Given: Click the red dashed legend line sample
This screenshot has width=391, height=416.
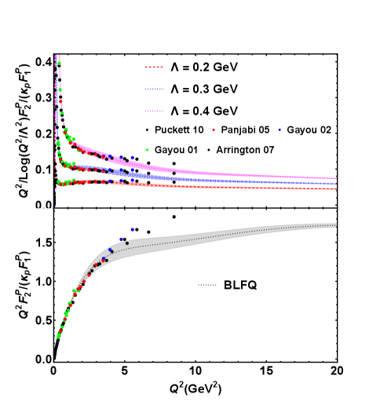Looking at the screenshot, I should coord(154,67).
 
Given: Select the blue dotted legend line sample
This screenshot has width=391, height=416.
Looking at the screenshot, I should coord(154,89).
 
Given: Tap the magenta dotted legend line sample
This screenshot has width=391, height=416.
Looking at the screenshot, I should coord(154,111).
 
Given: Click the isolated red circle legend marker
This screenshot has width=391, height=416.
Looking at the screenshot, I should coord(213,130).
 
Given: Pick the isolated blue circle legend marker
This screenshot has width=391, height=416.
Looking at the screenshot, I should coord(279,130).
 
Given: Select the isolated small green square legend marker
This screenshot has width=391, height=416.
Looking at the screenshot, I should coord(147,149).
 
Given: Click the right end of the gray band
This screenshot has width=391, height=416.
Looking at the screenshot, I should coord(335,225).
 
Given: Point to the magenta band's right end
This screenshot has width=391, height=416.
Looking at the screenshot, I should coord(336,179).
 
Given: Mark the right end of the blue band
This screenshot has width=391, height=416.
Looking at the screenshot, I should coord(336,184).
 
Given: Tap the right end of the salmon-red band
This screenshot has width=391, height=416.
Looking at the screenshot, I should coord(335,188).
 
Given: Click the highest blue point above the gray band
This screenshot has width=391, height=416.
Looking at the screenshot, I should coord(133,229).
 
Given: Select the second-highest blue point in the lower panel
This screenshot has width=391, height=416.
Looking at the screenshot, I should coord(121,239).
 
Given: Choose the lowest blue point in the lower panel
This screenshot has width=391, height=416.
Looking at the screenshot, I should coord(103,259).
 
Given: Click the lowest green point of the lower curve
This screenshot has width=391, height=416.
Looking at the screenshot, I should coord(58,337).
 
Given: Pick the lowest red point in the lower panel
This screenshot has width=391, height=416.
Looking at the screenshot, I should coord(60,330).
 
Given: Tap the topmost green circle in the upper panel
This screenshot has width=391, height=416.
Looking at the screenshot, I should coord(59,64).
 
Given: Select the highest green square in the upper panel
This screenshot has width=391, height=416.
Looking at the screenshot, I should coord(60,89).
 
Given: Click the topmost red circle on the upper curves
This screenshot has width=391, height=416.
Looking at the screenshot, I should coord(60,101).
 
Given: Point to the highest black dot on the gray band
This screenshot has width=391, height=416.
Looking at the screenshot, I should coord(127,243).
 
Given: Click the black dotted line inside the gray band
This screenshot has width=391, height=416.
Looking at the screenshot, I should coord(236,235).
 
